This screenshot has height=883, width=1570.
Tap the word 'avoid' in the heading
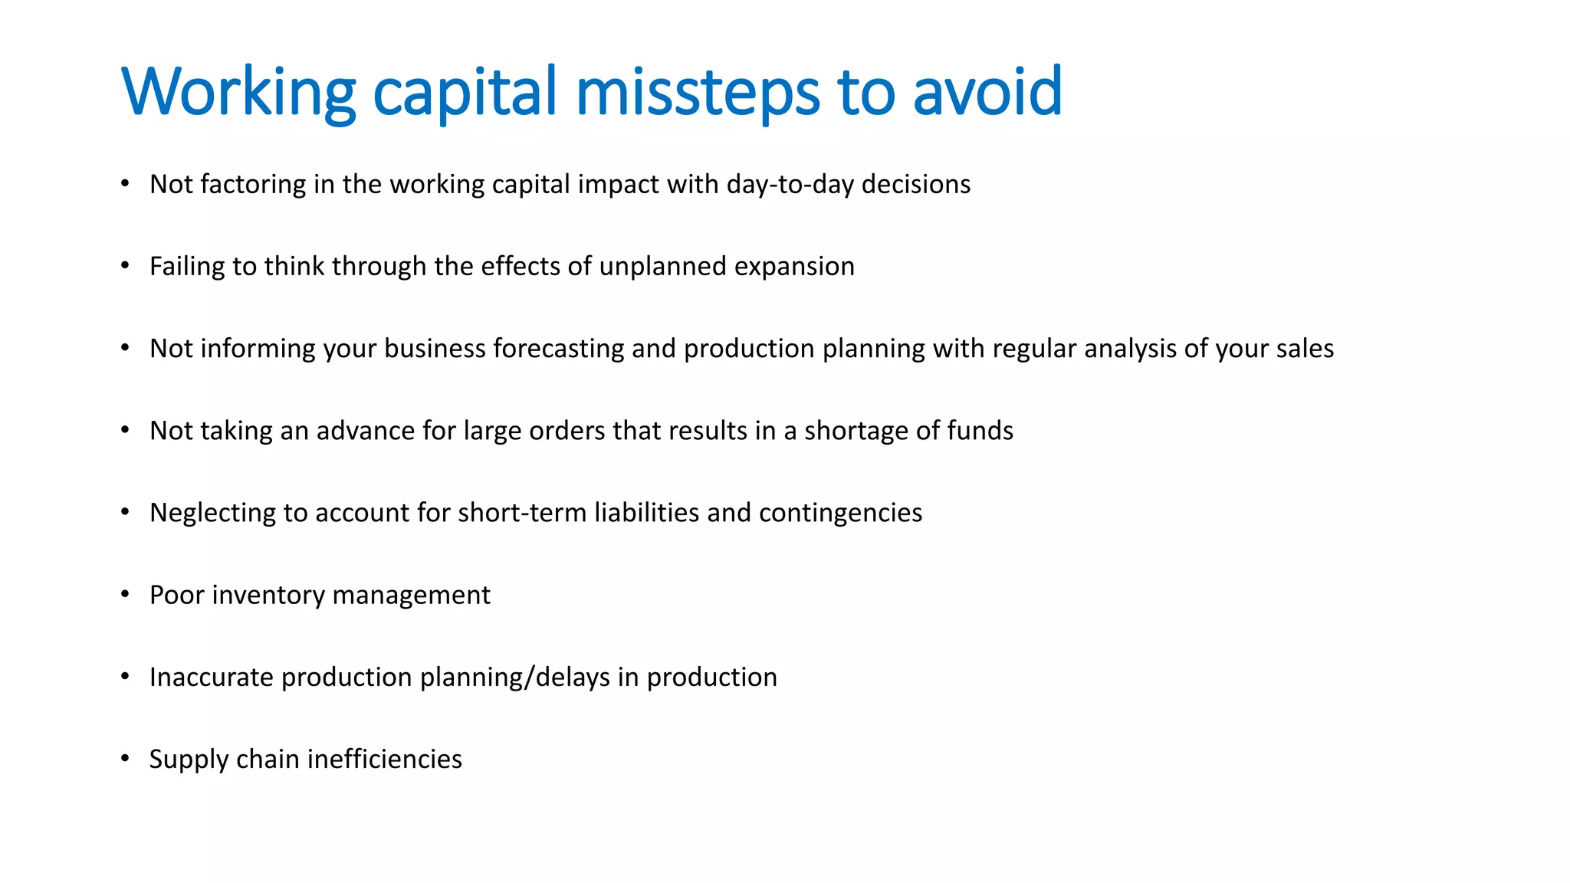click(987, 92)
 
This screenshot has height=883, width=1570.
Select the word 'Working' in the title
click(238, 92)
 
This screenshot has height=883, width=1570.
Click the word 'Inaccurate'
click(212, 678)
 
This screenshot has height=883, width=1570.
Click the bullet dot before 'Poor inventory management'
click(125, 595)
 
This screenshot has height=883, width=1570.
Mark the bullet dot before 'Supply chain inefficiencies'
click(125, 759)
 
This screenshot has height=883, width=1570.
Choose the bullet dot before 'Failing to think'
click(125, 266)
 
